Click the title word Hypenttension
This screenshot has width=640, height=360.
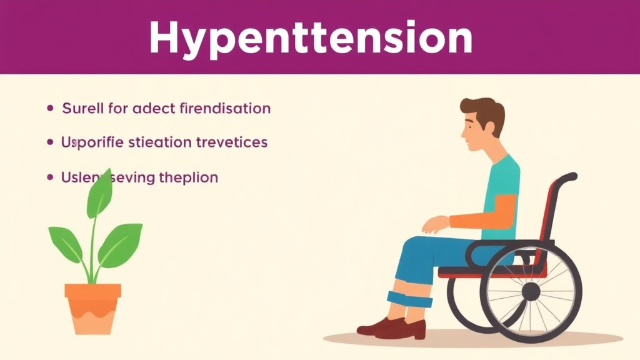pos(310,39)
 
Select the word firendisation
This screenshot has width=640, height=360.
pos(224,109)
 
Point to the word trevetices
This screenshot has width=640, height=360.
pos(231,142)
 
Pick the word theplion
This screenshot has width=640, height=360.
pos(187,177)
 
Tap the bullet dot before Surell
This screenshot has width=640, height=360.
pos(51,109)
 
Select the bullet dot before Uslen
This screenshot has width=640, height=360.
pos(51,177)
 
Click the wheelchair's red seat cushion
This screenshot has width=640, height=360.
pos(481,271)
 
